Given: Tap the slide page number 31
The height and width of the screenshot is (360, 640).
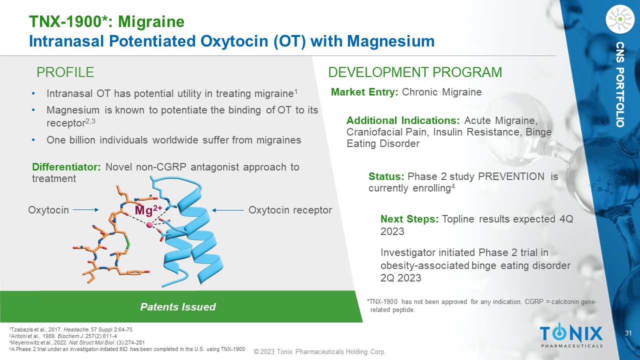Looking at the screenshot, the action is [628, 333].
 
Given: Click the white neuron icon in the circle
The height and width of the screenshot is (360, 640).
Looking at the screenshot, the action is [619, 19].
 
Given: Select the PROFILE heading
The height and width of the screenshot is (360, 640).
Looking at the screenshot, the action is [65, 72].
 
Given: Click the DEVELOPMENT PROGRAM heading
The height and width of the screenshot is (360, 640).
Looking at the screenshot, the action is [415, 72].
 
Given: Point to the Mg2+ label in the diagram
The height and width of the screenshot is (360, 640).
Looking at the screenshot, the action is [148, 210].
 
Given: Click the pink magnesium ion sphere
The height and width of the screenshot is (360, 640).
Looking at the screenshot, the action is [149, 225].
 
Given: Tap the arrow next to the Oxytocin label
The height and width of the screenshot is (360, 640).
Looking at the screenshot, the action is [85, 210].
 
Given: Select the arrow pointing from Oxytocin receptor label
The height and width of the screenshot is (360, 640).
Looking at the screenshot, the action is [227, 210].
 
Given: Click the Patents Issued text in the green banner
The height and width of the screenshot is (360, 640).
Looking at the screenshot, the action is [178, 307].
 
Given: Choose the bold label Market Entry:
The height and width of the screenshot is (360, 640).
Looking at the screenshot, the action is [364, 92].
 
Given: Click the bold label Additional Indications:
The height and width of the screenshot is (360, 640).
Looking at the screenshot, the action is [403, 120].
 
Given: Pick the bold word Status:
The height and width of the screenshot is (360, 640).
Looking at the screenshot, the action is [386, 176].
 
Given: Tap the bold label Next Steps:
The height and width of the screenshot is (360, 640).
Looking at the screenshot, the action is [409, 219].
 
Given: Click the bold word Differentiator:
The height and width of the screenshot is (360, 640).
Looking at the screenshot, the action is [66, 167].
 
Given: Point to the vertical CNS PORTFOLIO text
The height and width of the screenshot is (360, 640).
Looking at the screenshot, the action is [619, 84].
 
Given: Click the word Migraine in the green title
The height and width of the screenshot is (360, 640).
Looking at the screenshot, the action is [151, 21].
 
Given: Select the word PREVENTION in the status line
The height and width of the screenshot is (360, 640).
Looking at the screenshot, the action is [511, 176].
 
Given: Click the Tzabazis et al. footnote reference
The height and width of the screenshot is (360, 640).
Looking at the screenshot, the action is [71, 329].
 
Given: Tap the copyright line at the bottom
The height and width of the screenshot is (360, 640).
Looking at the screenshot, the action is [319, 351].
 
